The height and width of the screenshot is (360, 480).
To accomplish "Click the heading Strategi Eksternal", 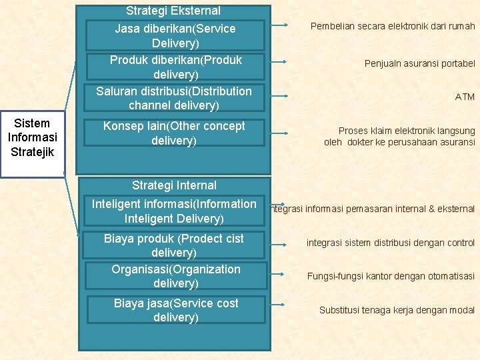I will click(173, 11).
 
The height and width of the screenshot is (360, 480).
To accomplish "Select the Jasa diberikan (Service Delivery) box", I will click(175, 36).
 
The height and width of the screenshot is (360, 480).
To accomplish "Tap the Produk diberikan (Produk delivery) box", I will click(175, 67).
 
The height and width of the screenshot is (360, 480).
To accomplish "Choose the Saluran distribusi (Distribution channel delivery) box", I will click(174, 98).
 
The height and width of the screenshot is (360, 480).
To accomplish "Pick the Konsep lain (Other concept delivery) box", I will click(174, 133).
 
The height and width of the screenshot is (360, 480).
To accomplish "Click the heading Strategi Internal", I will click(174, 185).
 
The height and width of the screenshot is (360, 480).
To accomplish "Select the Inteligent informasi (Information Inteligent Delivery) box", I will click(174, 211).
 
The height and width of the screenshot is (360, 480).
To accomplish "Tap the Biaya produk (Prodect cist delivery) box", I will click(174, 245).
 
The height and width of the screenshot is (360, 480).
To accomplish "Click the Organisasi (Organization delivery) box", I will click(175, 276).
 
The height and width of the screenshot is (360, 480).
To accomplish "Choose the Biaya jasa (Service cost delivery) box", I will click(175, 310).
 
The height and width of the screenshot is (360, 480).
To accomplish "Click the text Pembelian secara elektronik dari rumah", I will click(393, 27).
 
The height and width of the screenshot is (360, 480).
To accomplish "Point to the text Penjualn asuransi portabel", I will click(419, 63).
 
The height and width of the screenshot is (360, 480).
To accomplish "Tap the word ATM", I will click(465, 97).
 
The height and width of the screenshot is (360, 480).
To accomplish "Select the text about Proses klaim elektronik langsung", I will click(399, 137).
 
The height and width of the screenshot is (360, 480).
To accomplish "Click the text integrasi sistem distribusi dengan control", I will click(391, 243).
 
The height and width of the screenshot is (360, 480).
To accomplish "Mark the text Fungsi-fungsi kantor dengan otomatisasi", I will click(391, 276).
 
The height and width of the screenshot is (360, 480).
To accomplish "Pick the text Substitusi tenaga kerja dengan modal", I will click(397, 310).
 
